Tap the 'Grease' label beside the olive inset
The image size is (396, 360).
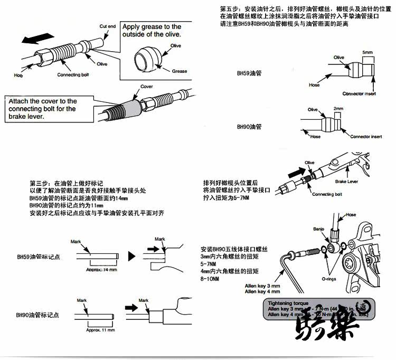(180, 71)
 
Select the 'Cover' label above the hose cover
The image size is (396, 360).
(146, 87)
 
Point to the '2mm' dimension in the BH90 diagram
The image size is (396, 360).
(338, 108)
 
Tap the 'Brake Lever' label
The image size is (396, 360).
(346, 181)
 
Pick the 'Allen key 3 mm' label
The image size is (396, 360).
(262, 286)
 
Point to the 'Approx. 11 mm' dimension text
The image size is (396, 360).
(100, 329)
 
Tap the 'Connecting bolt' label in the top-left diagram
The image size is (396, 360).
(77, 74)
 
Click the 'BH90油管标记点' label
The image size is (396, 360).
(37, 315)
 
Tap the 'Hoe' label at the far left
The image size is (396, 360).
(18, 75)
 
